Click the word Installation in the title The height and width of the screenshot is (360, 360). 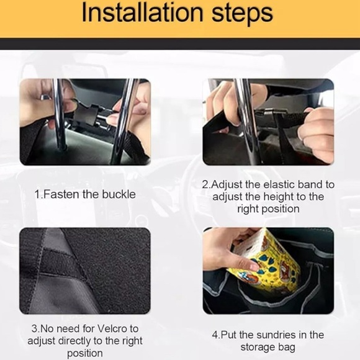(142, 13)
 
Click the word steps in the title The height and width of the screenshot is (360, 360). (242, 14)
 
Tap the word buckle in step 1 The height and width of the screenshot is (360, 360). (119, 194)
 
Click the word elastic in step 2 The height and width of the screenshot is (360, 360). (279, 184)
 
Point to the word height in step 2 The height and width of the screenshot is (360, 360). (277, 197)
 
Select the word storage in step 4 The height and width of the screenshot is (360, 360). (257, 347)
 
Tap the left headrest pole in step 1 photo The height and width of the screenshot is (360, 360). (59, 115)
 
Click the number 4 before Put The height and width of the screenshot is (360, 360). (215, 335)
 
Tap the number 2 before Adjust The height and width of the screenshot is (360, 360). (205, 184)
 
